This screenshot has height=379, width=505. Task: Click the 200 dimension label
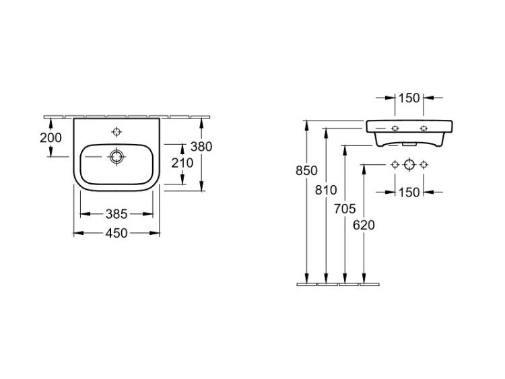pyautogui.click(x=50, y=138)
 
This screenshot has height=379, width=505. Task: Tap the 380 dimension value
pyautogui.click(x=201, y=147)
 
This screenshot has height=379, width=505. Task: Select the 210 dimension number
pyautogui.click(x=182, y=163)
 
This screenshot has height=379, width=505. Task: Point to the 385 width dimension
pyautogui.click(x=116, y=214)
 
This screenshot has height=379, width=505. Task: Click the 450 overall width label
pyautogui.click(x=116, y=233)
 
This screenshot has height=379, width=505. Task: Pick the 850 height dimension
pyautogui.click(x=306, y=171)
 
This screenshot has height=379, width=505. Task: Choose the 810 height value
pyautogui.click(x=326, y=191)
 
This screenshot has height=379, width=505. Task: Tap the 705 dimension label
pyautogui.click(x=345, y=209)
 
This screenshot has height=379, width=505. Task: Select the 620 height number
pyautogui.click(x=364, y=226)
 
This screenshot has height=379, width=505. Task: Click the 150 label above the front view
pyautogui.click(x=409, y=98)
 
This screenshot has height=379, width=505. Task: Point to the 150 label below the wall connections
pyautogui.click(x=409, y=193)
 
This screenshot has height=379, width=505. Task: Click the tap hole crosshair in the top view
pyautogui.click(x=116, y=132)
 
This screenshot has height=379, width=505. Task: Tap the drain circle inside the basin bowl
pyautogui.click(x=116, y=157)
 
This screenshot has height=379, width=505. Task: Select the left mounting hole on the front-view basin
pyautogui.click(x=395, y=128)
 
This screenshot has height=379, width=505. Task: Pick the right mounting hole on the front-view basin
pyautogui.click(x=424, y=128)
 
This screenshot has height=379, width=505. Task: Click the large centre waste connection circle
pyautogui.click(x=409, y=164)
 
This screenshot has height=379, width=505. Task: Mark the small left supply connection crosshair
pyautogui.click(x=395, y=164)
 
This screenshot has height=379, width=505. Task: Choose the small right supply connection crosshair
pyautogui.click(x=424, y=164)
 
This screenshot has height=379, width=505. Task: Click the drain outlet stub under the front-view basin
pyautogui.click(x=409, y=145)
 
